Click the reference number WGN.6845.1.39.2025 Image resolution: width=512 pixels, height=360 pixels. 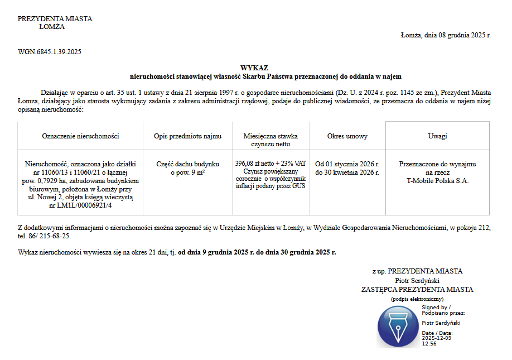point(50,52)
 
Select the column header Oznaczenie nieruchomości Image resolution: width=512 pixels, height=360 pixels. point(80,136)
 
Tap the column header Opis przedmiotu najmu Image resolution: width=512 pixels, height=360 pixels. point(188,136)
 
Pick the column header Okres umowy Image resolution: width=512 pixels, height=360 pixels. point(347,136)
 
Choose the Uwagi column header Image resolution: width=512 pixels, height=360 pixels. point(437,136)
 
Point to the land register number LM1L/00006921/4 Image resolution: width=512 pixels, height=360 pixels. point(80,205)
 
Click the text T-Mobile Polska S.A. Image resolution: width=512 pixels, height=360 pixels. point(437,181)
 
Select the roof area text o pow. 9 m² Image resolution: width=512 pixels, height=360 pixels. point(188,172)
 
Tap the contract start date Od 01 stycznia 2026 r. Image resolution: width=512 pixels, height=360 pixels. point(347,164)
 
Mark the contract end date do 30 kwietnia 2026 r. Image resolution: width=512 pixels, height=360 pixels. point(347,172)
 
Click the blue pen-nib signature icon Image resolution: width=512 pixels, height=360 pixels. point(397,327)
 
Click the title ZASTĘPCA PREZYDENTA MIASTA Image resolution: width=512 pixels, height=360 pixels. point(417,290)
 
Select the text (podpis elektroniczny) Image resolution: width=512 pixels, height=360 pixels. point(417,299)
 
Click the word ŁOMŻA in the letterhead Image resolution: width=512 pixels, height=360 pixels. point(52,26)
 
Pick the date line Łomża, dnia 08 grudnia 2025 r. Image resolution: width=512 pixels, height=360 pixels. point(446,35)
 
